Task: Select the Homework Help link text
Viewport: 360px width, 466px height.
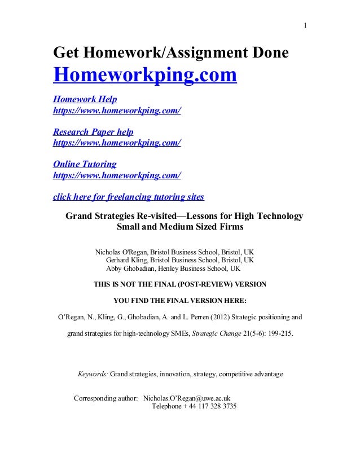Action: (85, 100)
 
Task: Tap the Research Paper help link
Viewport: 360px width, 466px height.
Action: (93, 132)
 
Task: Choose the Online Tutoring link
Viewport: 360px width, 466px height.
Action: (85, 164)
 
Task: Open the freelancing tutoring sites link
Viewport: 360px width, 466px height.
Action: (128, 197)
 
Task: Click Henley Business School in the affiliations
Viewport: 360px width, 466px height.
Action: (196, 269)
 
